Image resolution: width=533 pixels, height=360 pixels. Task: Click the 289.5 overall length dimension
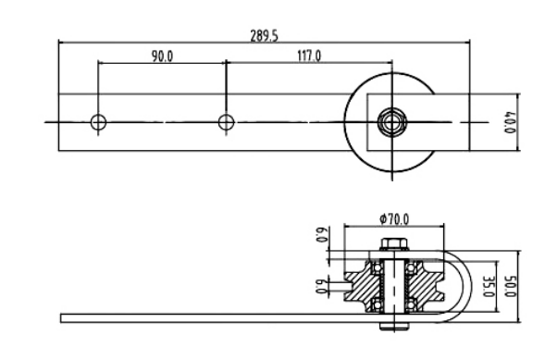click(264, 36)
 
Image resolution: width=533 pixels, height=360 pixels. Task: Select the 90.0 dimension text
click(162, 56)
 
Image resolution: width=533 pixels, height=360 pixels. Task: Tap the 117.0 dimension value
click(309, 56)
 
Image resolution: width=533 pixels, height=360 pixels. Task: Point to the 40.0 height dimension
click(510, 122)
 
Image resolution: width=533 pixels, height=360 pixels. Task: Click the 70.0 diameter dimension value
click(398, 219)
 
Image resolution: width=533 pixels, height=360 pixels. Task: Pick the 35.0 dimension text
click(490, 286)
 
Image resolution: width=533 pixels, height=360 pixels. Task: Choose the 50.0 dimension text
click(510, 286)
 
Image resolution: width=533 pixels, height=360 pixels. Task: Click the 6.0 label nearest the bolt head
click(322, 234)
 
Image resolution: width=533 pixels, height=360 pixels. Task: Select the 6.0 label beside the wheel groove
click(322, 286)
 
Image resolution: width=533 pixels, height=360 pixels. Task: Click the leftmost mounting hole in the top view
click(98, 122)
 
